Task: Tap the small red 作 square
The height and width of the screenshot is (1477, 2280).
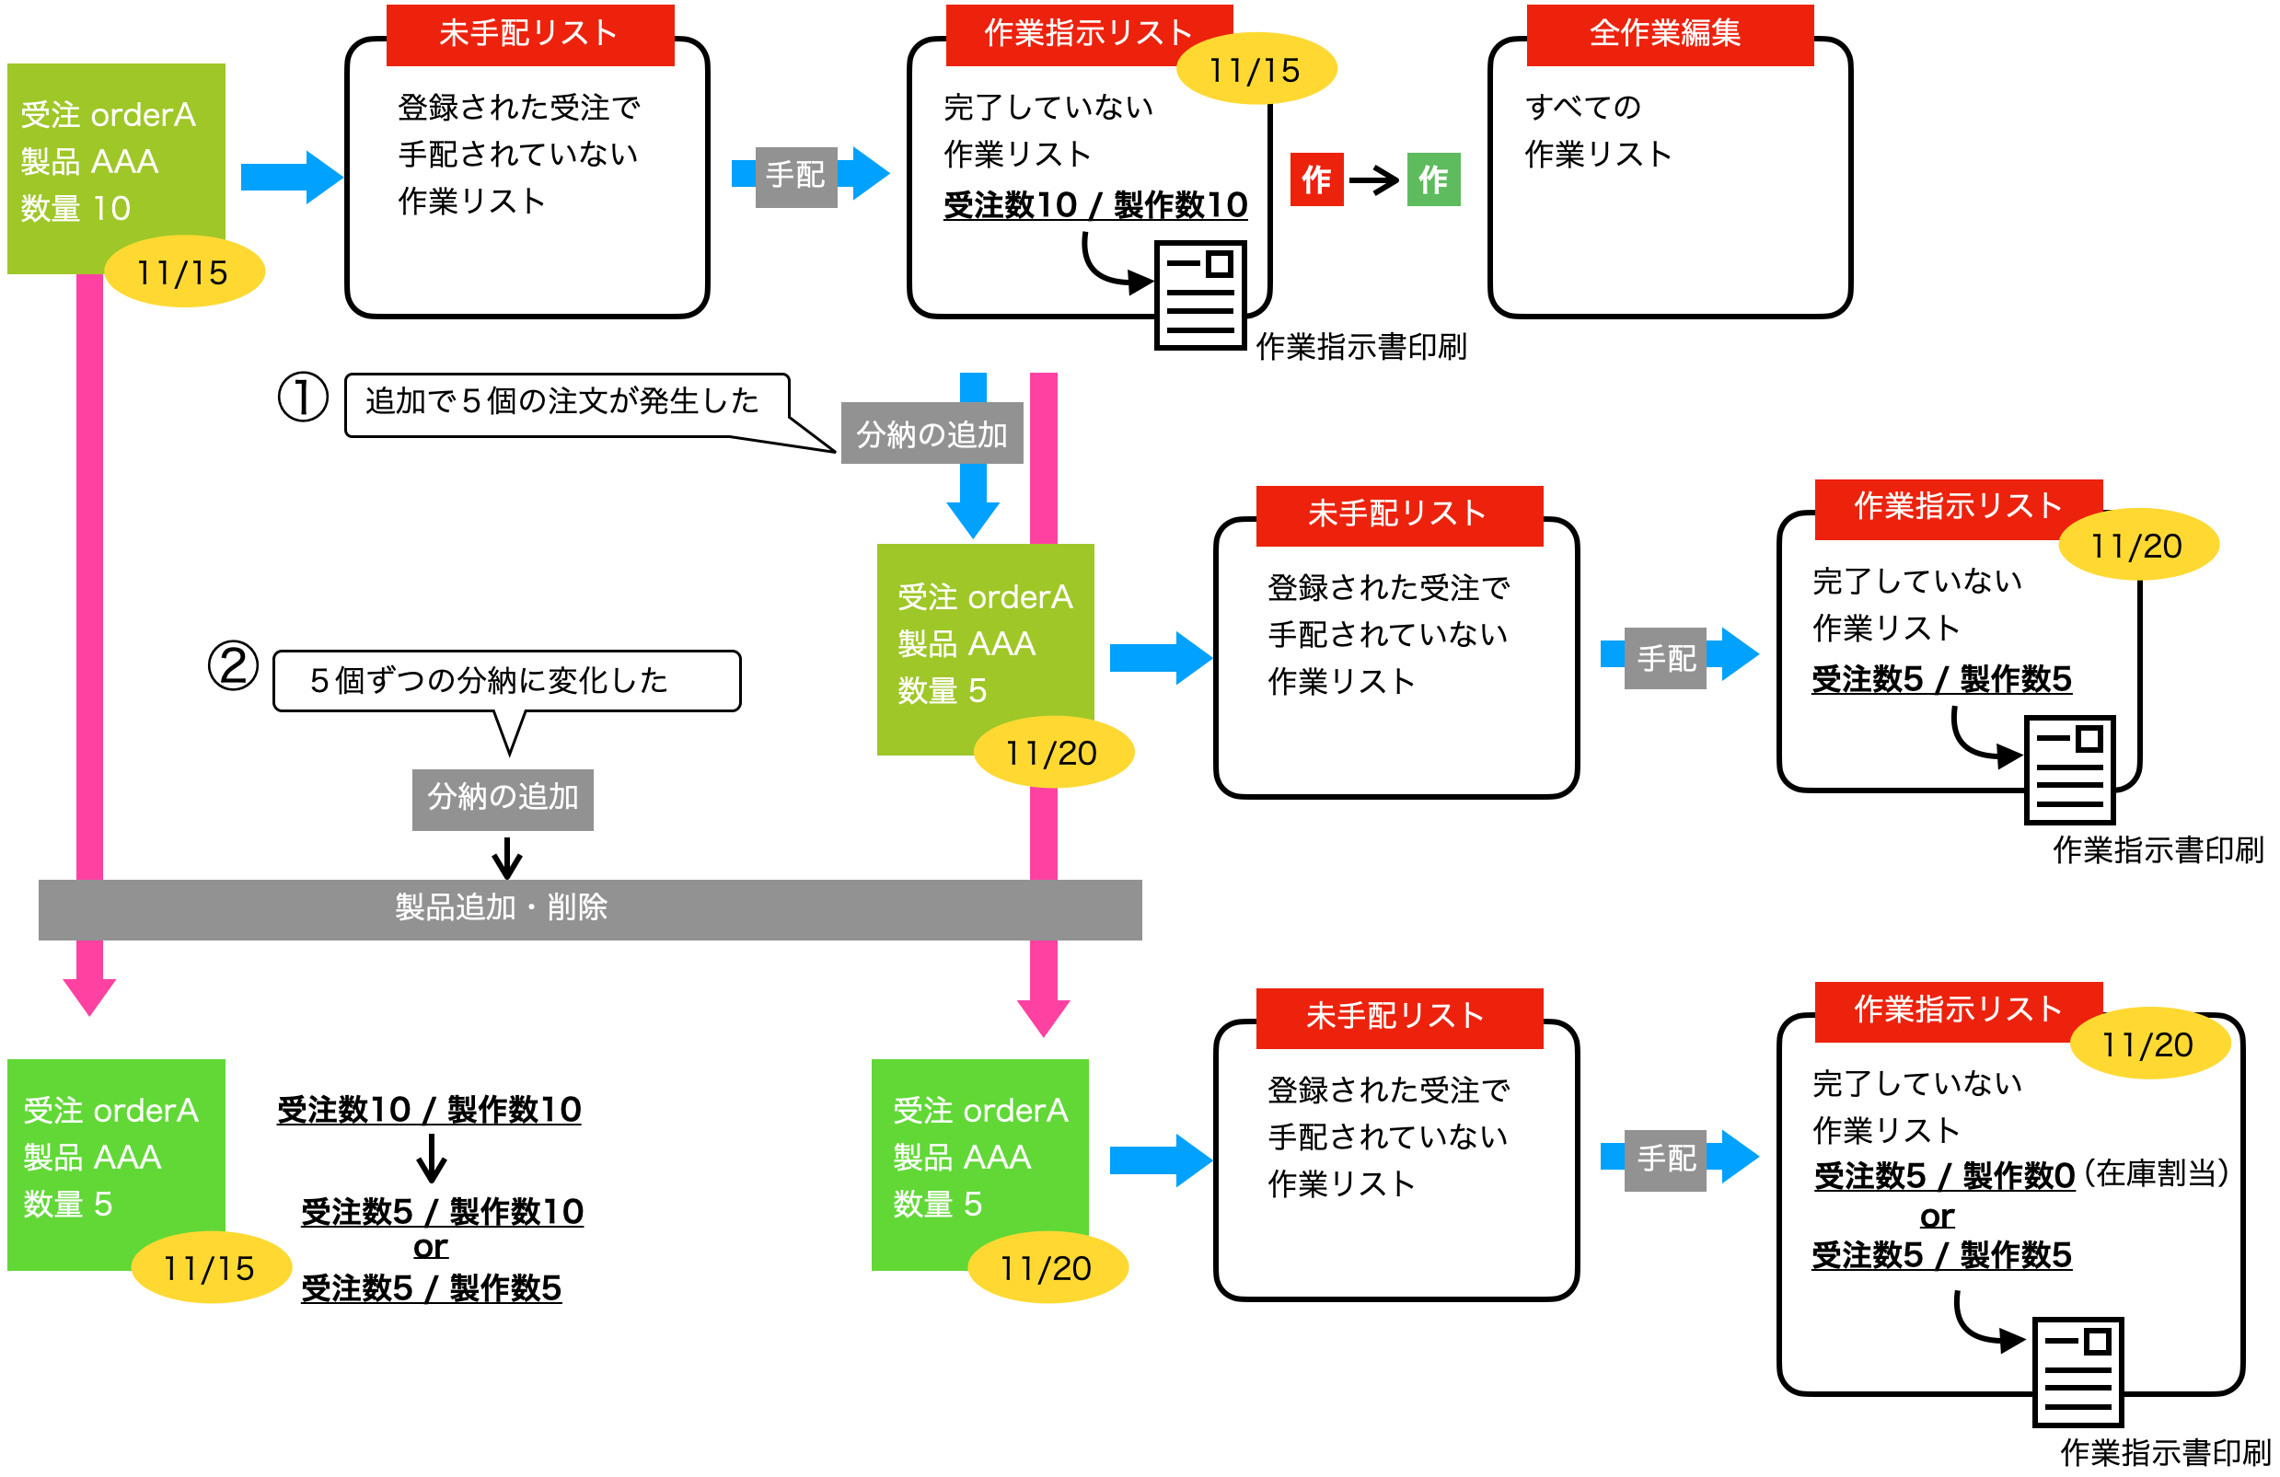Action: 1316,179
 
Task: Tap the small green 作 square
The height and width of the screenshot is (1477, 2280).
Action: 1433,179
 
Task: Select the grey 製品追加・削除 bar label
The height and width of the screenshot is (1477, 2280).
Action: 501,907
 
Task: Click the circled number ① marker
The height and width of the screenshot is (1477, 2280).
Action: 303,398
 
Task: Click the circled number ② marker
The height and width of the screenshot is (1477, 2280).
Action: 233,665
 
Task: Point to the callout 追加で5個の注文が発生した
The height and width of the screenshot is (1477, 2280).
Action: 562,402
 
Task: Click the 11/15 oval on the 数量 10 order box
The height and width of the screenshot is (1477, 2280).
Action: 183,273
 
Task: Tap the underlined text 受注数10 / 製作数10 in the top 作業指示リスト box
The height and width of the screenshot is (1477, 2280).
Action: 1095,205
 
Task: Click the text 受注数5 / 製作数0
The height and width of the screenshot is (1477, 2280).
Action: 1945,1175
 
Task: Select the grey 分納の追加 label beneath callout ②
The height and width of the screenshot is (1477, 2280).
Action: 502,798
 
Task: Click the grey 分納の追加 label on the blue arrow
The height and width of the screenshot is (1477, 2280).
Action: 932,435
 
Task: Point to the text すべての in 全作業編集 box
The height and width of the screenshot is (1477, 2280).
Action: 1582,108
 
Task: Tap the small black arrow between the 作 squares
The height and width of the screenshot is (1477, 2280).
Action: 1373,179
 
